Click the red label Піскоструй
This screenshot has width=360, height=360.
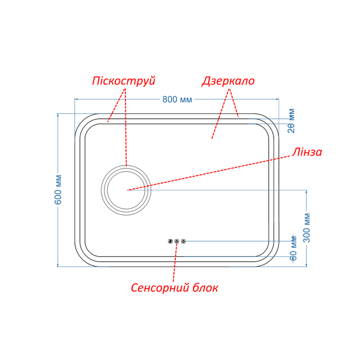coord(124,81)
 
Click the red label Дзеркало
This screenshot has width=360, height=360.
coord(228,81)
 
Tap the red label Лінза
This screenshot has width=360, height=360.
coord(307,152)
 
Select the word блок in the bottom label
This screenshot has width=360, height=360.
coord(205,287)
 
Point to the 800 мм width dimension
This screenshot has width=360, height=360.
coord(177,100)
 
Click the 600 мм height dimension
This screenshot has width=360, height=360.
coord(58,190)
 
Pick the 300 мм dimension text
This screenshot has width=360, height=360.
coord(307,228)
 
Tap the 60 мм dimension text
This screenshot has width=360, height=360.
coord(293,248)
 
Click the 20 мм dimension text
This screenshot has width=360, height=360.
coord(291,121)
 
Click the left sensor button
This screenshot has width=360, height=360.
coord(170,241)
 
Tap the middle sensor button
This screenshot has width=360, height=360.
coord(176,241)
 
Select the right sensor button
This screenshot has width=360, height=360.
coord(183,241)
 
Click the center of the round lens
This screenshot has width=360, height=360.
coord(126,190)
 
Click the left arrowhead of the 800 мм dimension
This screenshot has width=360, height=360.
coord(76,99)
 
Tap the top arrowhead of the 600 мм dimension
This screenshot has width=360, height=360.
coord(58,115)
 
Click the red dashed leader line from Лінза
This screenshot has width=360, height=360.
coord(209,173)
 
